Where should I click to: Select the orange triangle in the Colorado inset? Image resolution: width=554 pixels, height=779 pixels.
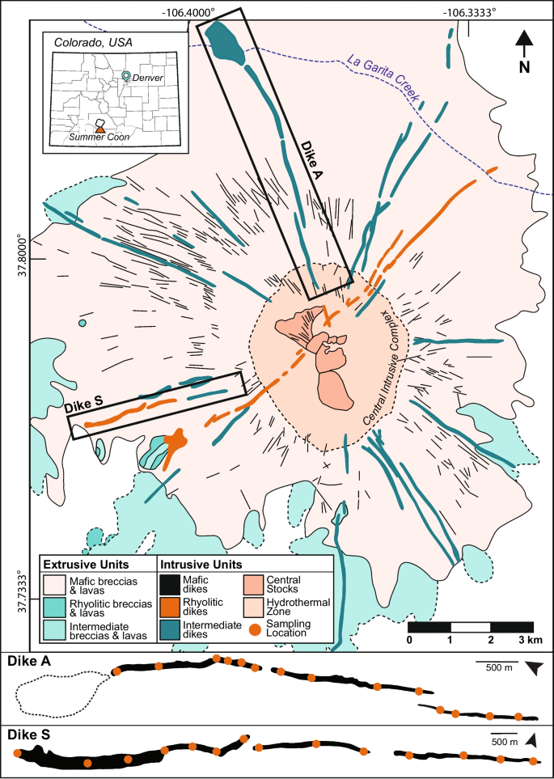(100, 127)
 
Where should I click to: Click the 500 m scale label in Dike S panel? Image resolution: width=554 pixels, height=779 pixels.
(505, 742)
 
